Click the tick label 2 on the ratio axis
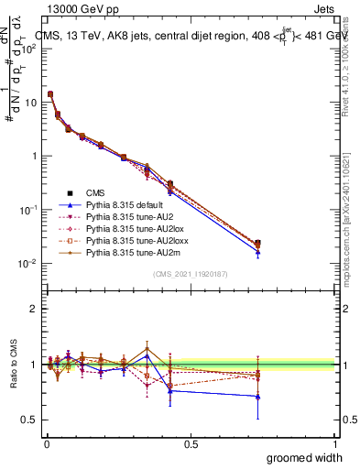tap(34, 309)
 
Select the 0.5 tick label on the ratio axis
tap(29, 421)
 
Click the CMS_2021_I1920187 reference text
tap(191, 274)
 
